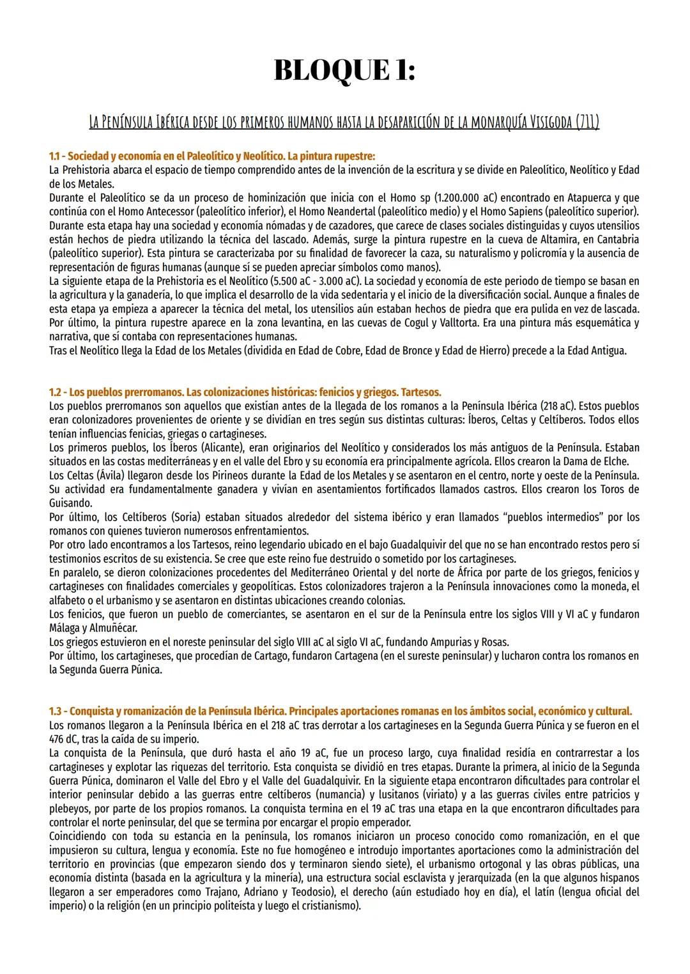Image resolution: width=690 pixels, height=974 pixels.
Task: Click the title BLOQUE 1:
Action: (344, 70)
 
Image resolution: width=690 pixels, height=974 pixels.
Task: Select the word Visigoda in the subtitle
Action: (545, 122)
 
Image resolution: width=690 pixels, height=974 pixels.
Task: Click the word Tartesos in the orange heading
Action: (421, 392)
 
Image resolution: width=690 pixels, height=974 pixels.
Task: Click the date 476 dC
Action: (63, 738)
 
